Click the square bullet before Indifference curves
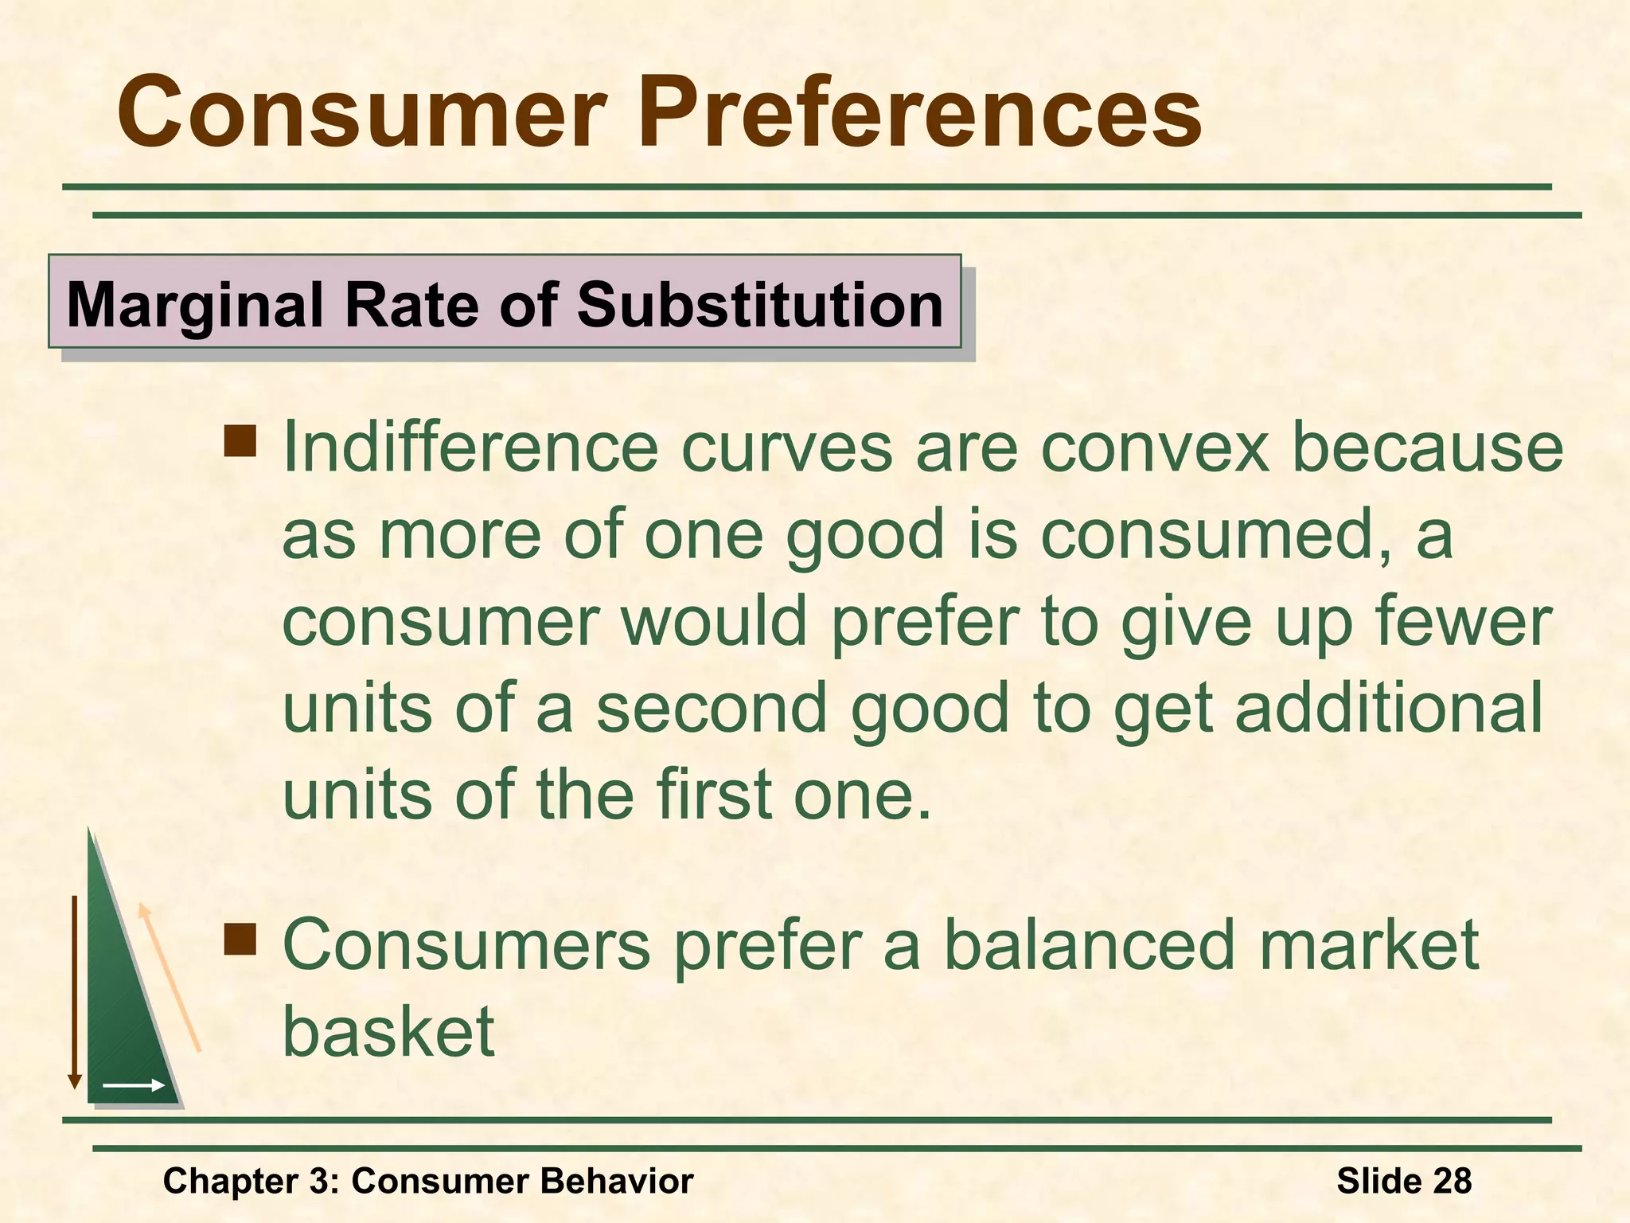click(240, 440)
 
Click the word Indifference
click(470, 448)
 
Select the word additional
click(1389, 709)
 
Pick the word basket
click(388, 1033)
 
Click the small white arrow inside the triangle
click(133, 1085)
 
